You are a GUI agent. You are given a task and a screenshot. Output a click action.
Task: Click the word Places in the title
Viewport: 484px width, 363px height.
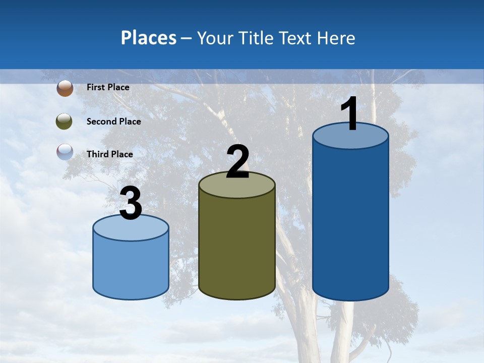pyautogui.click(x=149, y=38)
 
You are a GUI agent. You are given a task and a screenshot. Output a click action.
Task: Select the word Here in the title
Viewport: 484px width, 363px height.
pyautogui.click(x=336, y=38)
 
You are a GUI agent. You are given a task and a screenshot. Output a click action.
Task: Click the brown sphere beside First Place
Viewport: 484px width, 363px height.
pyautogui.click(x=65, y=88)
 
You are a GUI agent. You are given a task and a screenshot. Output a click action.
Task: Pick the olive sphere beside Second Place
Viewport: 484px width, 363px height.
pyautogui.click(x=65, y=122)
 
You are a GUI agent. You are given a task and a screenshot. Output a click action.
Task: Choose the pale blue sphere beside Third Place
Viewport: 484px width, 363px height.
pyautogui.click(x=65, y=152)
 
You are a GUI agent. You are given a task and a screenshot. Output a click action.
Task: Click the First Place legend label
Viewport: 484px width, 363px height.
pyautogui.click(x=108, y=87)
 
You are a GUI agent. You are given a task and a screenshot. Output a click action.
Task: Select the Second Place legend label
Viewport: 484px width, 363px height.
pyautogui.click(x=113, y=122)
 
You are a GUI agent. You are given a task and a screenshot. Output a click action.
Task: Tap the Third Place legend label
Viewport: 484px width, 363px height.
pyautogui.click(x=109, y=154)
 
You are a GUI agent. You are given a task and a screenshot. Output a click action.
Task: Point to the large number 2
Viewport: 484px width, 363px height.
pyautogui.click(x=237, y=162)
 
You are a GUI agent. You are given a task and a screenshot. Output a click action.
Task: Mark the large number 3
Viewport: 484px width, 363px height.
pyautogui.click(x=131, y=204)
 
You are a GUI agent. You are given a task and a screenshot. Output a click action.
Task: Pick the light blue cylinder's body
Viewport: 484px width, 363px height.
pyautogui.click(x=131, y=267)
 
